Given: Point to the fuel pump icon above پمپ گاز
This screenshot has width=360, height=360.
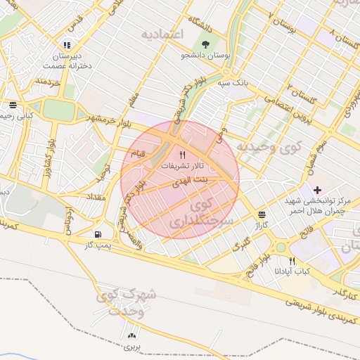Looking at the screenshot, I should [x=97, y=233].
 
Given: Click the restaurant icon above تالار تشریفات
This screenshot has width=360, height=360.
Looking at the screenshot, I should [x=182, y=155].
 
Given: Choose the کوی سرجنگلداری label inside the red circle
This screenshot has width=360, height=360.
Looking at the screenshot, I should [x=193, y=214].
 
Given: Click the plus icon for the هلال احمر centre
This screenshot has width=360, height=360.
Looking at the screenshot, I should [x=317, y=189].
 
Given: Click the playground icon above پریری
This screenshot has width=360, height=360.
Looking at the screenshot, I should [x=133, y=336].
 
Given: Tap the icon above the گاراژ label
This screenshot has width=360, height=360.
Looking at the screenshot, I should [x=262, y=214].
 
